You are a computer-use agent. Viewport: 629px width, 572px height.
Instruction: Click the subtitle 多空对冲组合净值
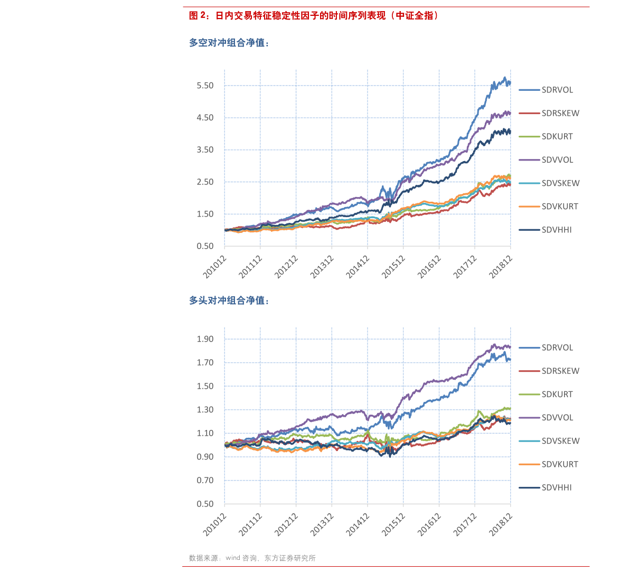click(x=229, y=43)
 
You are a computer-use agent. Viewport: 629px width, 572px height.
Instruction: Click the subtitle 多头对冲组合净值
click(x=229, y=301)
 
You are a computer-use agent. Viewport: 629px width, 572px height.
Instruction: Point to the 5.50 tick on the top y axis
click(x=205, y=86)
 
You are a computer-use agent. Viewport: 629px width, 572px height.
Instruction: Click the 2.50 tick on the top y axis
click(x=205, y=182)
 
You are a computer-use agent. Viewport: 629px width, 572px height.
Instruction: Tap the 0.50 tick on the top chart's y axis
click(x=205, y=246)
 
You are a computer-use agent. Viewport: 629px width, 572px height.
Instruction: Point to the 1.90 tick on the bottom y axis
click(x=205, y=339)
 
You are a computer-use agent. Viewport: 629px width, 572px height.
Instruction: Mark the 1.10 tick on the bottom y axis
click(x=205, y=433)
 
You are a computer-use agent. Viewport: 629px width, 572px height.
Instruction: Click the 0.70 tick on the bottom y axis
click(x=205, y=480)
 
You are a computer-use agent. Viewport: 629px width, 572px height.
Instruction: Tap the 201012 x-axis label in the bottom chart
click(x=214, y=523)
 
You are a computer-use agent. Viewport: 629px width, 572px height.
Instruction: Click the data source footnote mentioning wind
click(x=252, y=558)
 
